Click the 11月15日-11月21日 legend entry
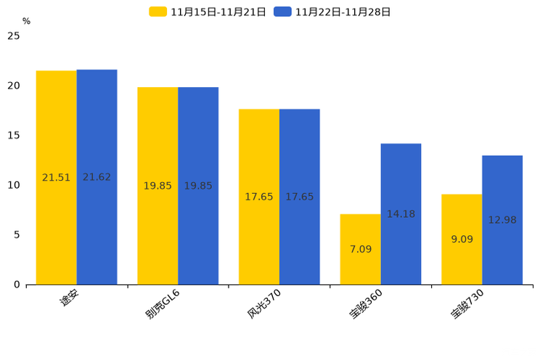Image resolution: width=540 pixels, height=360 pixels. [x=208, y=12]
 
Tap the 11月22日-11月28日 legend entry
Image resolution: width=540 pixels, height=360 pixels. [x=332, y=12]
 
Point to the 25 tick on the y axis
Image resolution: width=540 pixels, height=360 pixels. [x=13, y=36]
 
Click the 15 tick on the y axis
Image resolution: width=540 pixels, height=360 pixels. [x=13, y=135]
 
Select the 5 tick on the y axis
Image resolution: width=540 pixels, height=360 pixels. [x=16, y=234]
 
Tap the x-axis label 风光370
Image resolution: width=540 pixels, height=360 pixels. [x=263, y=303]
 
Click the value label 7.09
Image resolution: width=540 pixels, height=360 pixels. [x=360, y=249]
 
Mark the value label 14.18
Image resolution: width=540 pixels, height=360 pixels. [x=401, y=214]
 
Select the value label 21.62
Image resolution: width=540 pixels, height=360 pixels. [x=97, y=177]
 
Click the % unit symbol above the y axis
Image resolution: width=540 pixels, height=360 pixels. [x=26, y=22]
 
